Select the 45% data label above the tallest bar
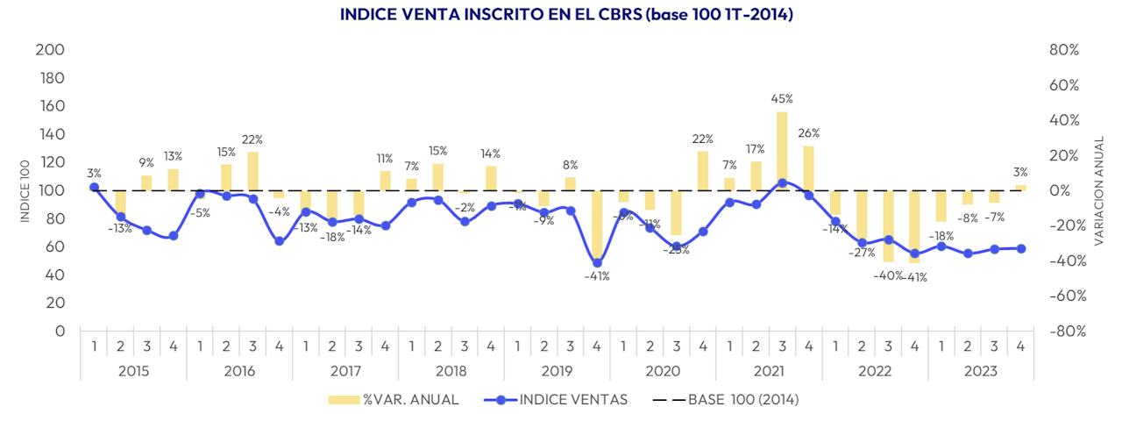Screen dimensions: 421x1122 click(782, 99)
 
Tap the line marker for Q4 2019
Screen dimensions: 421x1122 click(597, 262)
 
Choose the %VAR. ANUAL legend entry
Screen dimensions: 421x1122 click(394, 400)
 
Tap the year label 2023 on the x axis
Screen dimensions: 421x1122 click(980, 371)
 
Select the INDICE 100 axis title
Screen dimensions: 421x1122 click(25, 190)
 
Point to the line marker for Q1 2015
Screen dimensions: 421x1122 click(94, 187)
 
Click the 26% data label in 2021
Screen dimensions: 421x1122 click(808, 133)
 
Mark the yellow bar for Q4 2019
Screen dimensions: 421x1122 click(597, 225)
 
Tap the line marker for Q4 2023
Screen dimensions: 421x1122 click(1020, 248)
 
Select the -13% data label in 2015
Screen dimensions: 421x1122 click(120, 229)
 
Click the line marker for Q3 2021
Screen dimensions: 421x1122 click(782, 183)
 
